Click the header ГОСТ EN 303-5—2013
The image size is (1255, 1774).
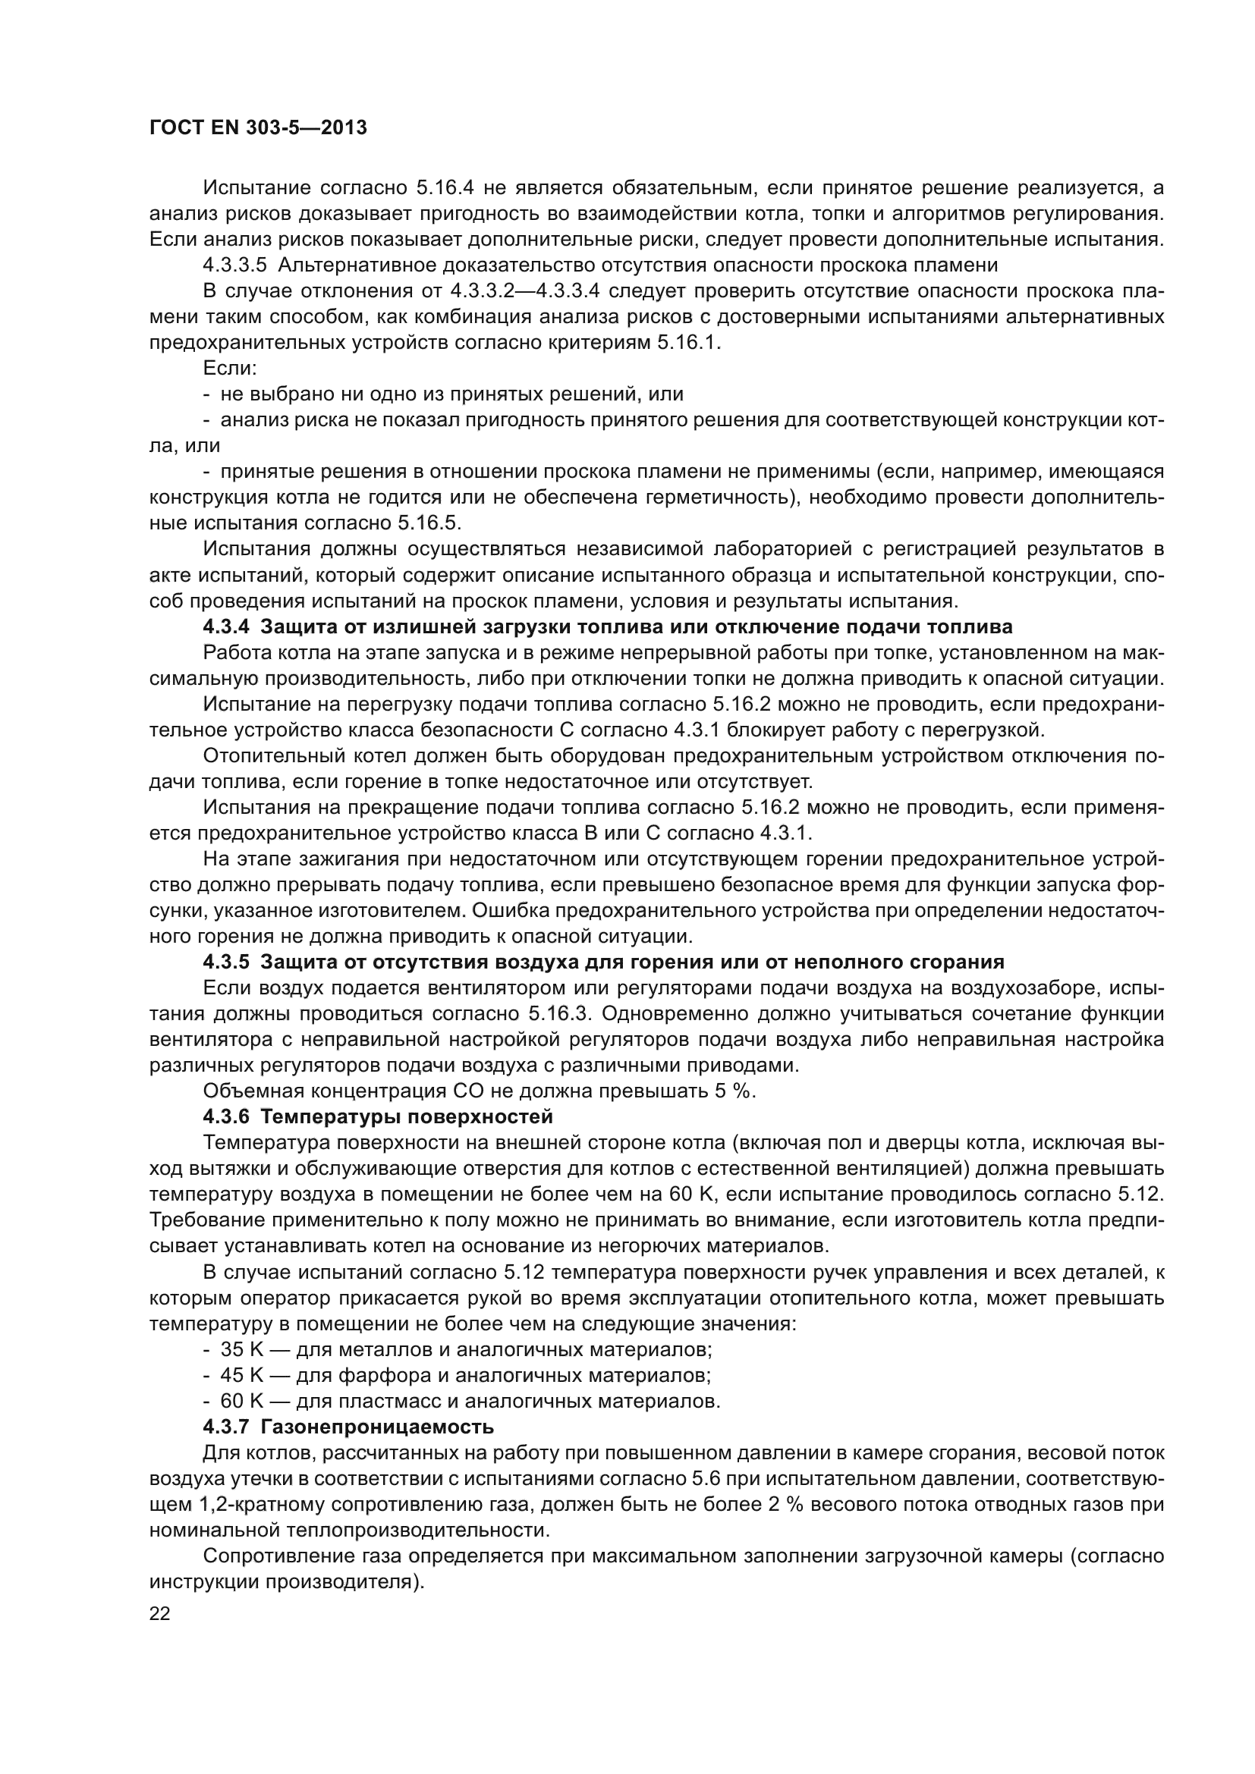click(257, 128)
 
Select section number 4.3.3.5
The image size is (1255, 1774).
click(234, 265)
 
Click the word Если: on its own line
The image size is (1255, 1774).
click(229, 369)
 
